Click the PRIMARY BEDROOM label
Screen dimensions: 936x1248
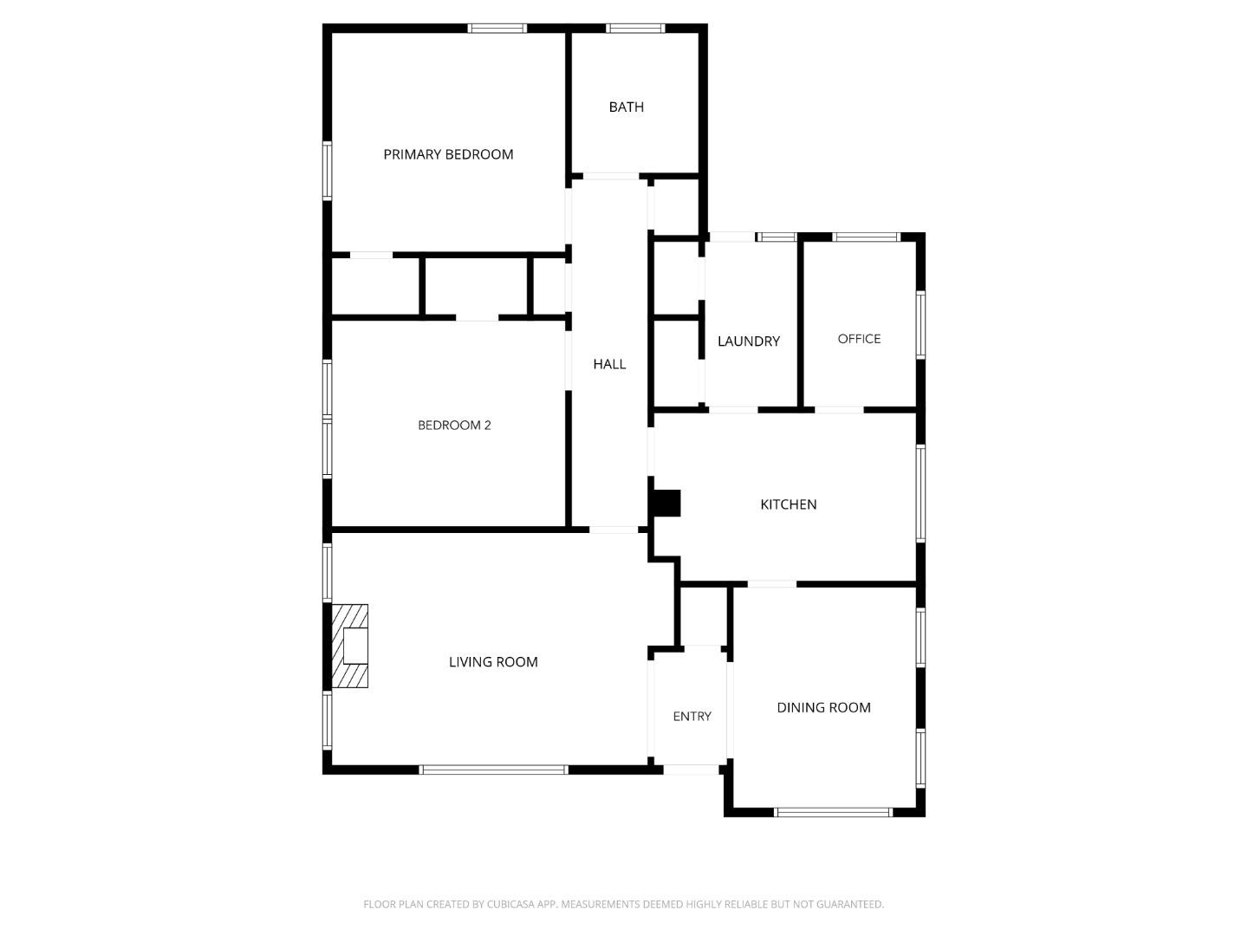point(448,154)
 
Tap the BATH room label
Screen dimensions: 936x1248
point(626,107)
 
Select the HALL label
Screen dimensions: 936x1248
point(609,364)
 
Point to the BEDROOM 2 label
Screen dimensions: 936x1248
point(454,425)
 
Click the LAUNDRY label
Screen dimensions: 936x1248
point(749,341)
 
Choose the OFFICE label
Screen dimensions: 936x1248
point(859,339)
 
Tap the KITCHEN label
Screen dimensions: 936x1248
point(788,504)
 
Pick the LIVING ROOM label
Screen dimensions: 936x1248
point(493,662)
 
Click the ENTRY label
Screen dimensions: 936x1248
point(692,716)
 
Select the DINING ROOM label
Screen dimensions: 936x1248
point(823,707)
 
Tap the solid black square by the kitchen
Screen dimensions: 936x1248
point(666,504)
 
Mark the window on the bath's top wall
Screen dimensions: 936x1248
point(636,29)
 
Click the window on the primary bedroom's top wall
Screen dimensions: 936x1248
point(497,29)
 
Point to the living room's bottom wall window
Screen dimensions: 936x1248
point(493,770)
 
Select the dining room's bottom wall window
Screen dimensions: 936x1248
point(833,812)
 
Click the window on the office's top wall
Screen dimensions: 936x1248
point(866,237)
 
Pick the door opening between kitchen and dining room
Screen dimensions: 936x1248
point(771,584)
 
